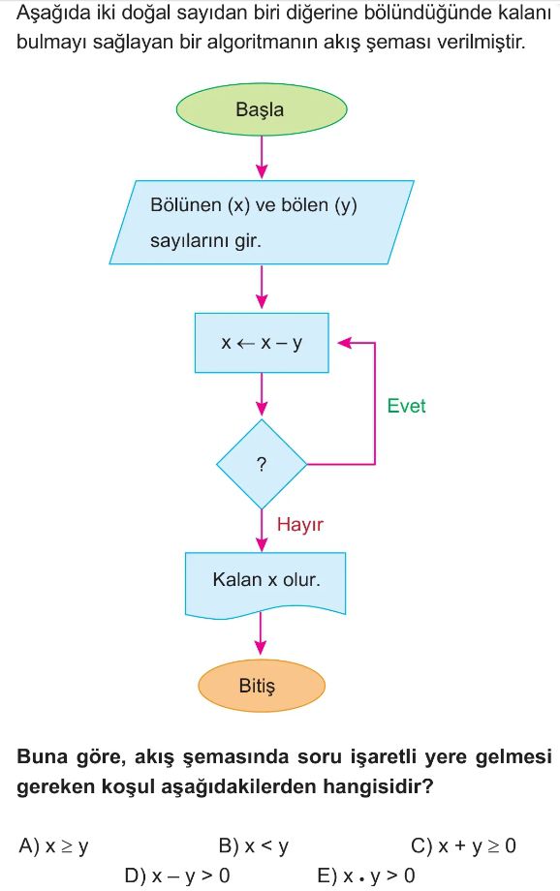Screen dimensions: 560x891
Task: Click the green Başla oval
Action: coord(262,109)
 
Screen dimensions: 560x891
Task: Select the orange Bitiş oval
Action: coord(262,686)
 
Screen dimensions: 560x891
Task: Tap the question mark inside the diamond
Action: coord(262,464)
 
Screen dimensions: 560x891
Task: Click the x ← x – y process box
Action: coord(262,343)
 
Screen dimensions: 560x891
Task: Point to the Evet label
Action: coord(406,406)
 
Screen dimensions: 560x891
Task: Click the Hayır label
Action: coord(300,524)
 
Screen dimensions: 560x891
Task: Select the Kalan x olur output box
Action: coord(265,583)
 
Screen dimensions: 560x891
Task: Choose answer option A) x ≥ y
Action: coord(53,846)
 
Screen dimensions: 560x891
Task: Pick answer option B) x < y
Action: coord(254,846)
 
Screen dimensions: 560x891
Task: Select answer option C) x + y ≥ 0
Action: coord(463,846)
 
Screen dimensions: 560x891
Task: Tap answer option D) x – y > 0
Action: coord(176,876)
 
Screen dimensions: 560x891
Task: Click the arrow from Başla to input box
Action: coord(262,158)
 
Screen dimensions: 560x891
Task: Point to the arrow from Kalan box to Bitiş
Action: coord(261,634)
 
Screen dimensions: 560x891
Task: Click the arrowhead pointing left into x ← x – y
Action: coord(345,343)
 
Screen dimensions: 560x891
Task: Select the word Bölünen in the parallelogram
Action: coord(186,204)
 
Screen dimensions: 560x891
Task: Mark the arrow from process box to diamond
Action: coord(262,394)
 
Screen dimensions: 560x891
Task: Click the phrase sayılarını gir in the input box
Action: coord(205,241)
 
